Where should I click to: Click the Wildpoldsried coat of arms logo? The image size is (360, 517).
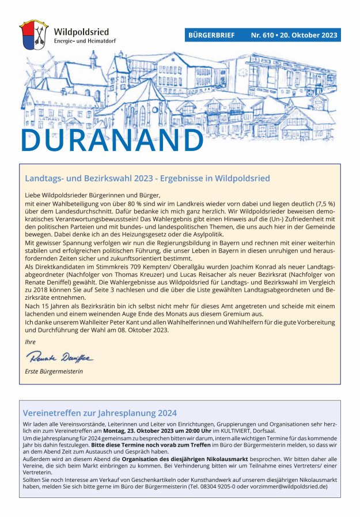(34, 36)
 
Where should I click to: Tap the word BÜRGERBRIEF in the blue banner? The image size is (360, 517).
(211, 36)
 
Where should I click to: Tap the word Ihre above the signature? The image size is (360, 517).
(30, 342)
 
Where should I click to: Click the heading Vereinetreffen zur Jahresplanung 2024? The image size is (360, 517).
(99, 413)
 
